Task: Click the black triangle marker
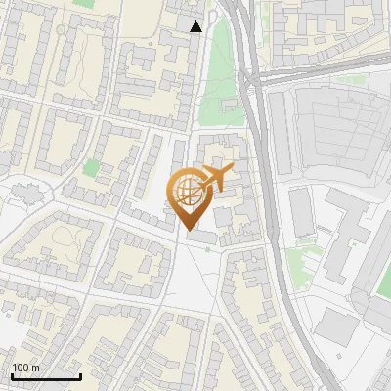point(196,26)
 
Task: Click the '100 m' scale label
point(25,368)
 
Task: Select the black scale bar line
point(46,376)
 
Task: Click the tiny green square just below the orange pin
point(207,248)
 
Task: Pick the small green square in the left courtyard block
point(91,168)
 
